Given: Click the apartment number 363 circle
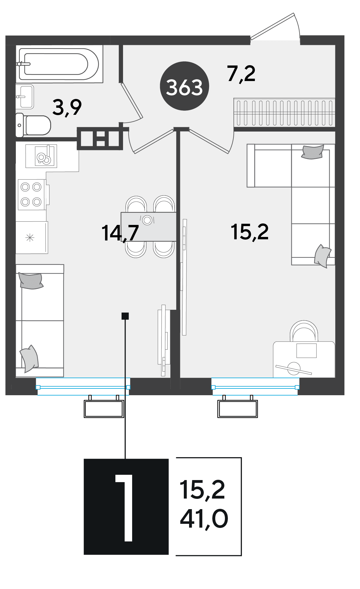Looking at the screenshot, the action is coord(184,86).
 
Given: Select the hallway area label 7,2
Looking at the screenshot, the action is coord(241,73).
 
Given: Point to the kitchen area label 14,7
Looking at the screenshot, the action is coord(120,233).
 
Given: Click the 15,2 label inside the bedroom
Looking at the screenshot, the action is coord(250,232).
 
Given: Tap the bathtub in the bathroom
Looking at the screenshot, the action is coord(59,64).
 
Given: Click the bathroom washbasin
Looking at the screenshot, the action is coord(25,97).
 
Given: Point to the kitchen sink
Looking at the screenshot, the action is coord(41,156).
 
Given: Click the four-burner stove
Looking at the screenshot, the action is coord(32,194).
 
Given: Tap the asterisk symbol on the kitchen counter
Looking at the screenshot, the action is coord(30,238).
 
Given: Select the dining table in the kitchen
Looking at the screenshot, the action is coord(149,227).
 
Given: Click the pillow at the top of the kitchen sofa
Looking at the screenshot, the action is coord(31,281).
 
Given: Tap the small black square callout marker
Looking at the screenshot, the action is coord(125,316).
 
